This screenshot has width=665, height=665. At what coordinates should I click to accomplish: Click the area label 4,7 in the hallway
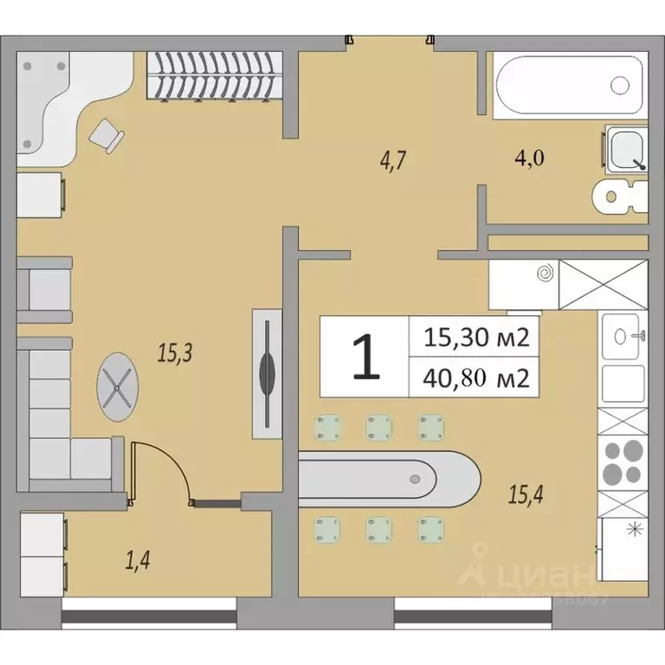point(392,159)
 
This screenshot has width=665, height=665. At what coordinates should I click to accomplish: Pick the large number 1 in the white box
point(365,357)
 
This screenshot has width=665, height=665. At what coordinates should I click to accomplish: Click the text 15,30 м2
point(475,337)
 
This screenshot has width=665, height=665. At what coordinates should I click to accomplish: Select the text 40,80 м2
point(475,378)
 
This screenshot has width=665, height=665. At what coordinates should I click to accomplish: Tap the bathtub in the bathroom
point(569,85)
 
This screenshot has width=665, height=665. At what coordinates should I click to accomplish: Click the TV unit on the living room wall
point(268,373)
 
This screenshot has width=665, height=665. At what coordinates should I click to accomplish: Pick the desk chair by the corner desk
point(107,135)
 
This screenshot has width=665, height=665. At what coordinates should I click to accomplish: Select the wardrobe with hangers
point(214,77)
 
